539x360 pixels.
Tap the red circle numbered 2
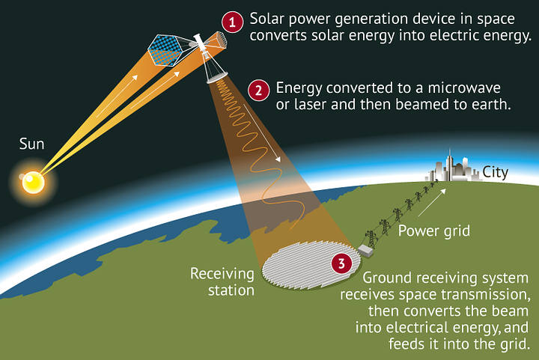(258, 91)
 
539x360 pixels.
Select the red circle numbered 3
(341, 264)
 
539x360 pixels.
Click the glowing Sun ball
(33, 182)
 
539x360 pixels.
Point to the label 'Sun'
(31, 141)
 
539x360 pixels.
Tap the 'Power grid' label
(433, 231)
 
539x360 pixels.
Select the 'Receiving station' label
(222, 281)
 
